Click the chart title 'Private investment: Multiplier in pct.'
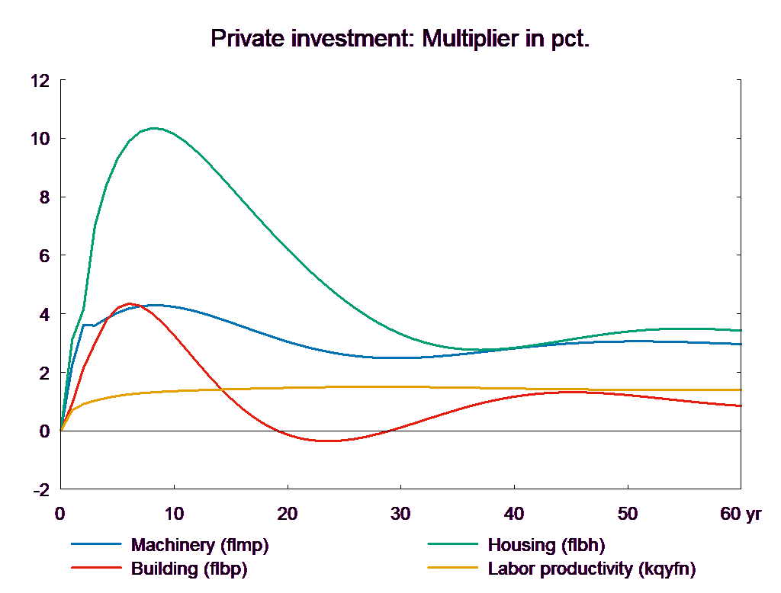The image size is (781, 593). [400, 39]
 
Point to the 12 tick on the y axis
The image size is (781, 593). [39, 80]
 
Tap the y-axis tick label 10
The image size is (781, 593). [39, 139]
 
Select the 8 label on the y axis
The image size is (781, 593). [43, 197]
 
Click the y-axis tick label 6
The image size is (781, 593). [43, 256]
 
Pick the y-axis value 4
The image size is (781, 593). [43, 314]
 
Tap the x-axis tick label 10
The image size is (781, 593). [174, 514]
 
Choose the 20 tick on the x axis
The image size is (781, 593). [287, 514]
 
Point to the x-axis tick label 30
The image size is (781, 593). [400, 514]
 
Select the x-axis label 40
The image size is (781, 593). [514, 514]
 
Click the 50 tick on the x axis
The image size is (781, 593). [627, 514]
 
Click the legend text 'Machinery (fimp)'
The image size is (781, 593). [200, 545]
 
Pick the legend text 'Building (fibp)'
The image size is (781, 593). [189, 569]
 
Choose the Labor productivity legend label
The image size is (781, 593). [592, 569]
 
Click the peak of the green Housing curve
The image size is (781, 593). [155, 128]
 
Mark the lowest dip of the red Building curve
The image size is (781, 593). [324, 441]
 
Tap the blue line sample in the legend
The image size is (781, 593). [97, 545]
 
